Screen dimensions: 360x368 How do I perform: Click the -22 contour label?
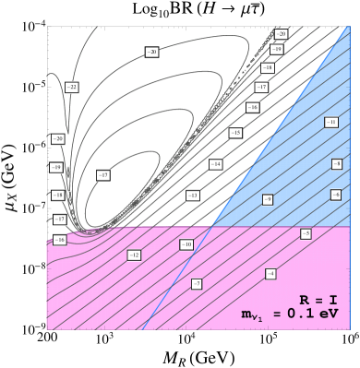pos(72,88)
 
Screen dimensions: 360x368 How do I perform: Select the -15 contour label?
pos(235,133)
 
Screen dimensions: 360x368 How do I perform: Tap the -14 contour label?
pos(215,164)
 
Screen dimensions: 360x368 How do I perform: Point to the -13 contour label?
pos(192,196)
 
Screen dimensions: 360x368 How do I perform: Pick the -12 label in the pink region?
pos(134,255)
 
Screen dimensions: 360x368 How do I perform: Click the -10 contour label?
pos(186,244)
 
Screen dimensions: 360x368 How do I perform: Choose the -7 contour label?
pos(197,284)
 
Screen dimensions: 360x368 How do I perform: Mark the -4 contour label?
pos(270,274)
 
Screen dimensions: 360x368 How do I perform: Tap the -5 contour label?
pos(306,234)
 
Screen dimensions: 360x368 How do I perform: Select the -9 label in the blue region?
pos(268,199)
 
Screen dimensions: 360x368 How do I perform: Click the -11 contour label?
pos(330,122)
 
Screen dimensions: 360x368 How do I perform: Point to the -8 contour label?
pos(337,164)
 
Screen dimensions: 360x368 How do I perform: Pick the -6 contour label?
pos(336,195)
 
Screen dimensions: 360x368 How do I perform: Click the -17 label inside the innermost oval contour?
pos(103,175)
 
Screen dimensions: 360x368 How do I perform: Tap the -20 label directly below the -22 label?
pos(58,138)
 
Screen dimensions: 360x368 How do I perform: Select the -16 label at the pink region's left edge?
pos(59,240)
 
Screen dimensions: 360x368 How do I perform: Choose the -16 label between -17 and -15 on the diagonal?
pos(252,107)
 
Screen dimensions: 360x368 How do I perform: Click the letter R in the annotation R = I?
pos(304,301)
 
